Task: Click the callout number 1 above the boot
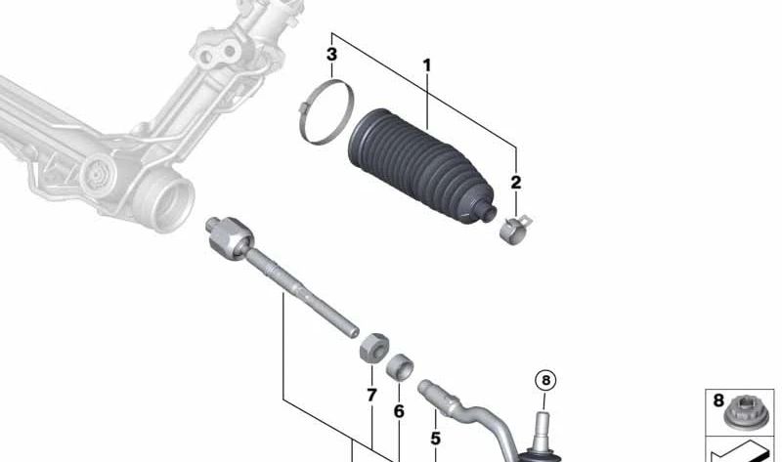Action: (x=427, y=65)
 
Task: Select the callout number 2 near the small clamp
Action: (x=515, y=182)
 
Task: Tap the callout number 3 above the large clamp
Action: (x=332, y=54)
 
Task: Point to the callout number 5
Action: (x=435, y=440)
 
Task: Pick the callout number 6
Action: (x=398, y=412)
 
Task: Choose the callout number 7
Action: (x=371, y=396)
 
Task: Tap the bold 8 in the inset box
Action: (x=719, y=400)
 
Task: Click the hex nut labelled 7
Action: (x=371, y=347)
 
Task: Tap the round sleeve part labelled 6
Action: (x=399, y=369)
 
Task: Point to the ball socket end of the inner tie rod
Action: (x=224, y=237)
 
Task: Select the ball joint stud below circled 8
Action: (x=544, y=430)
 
